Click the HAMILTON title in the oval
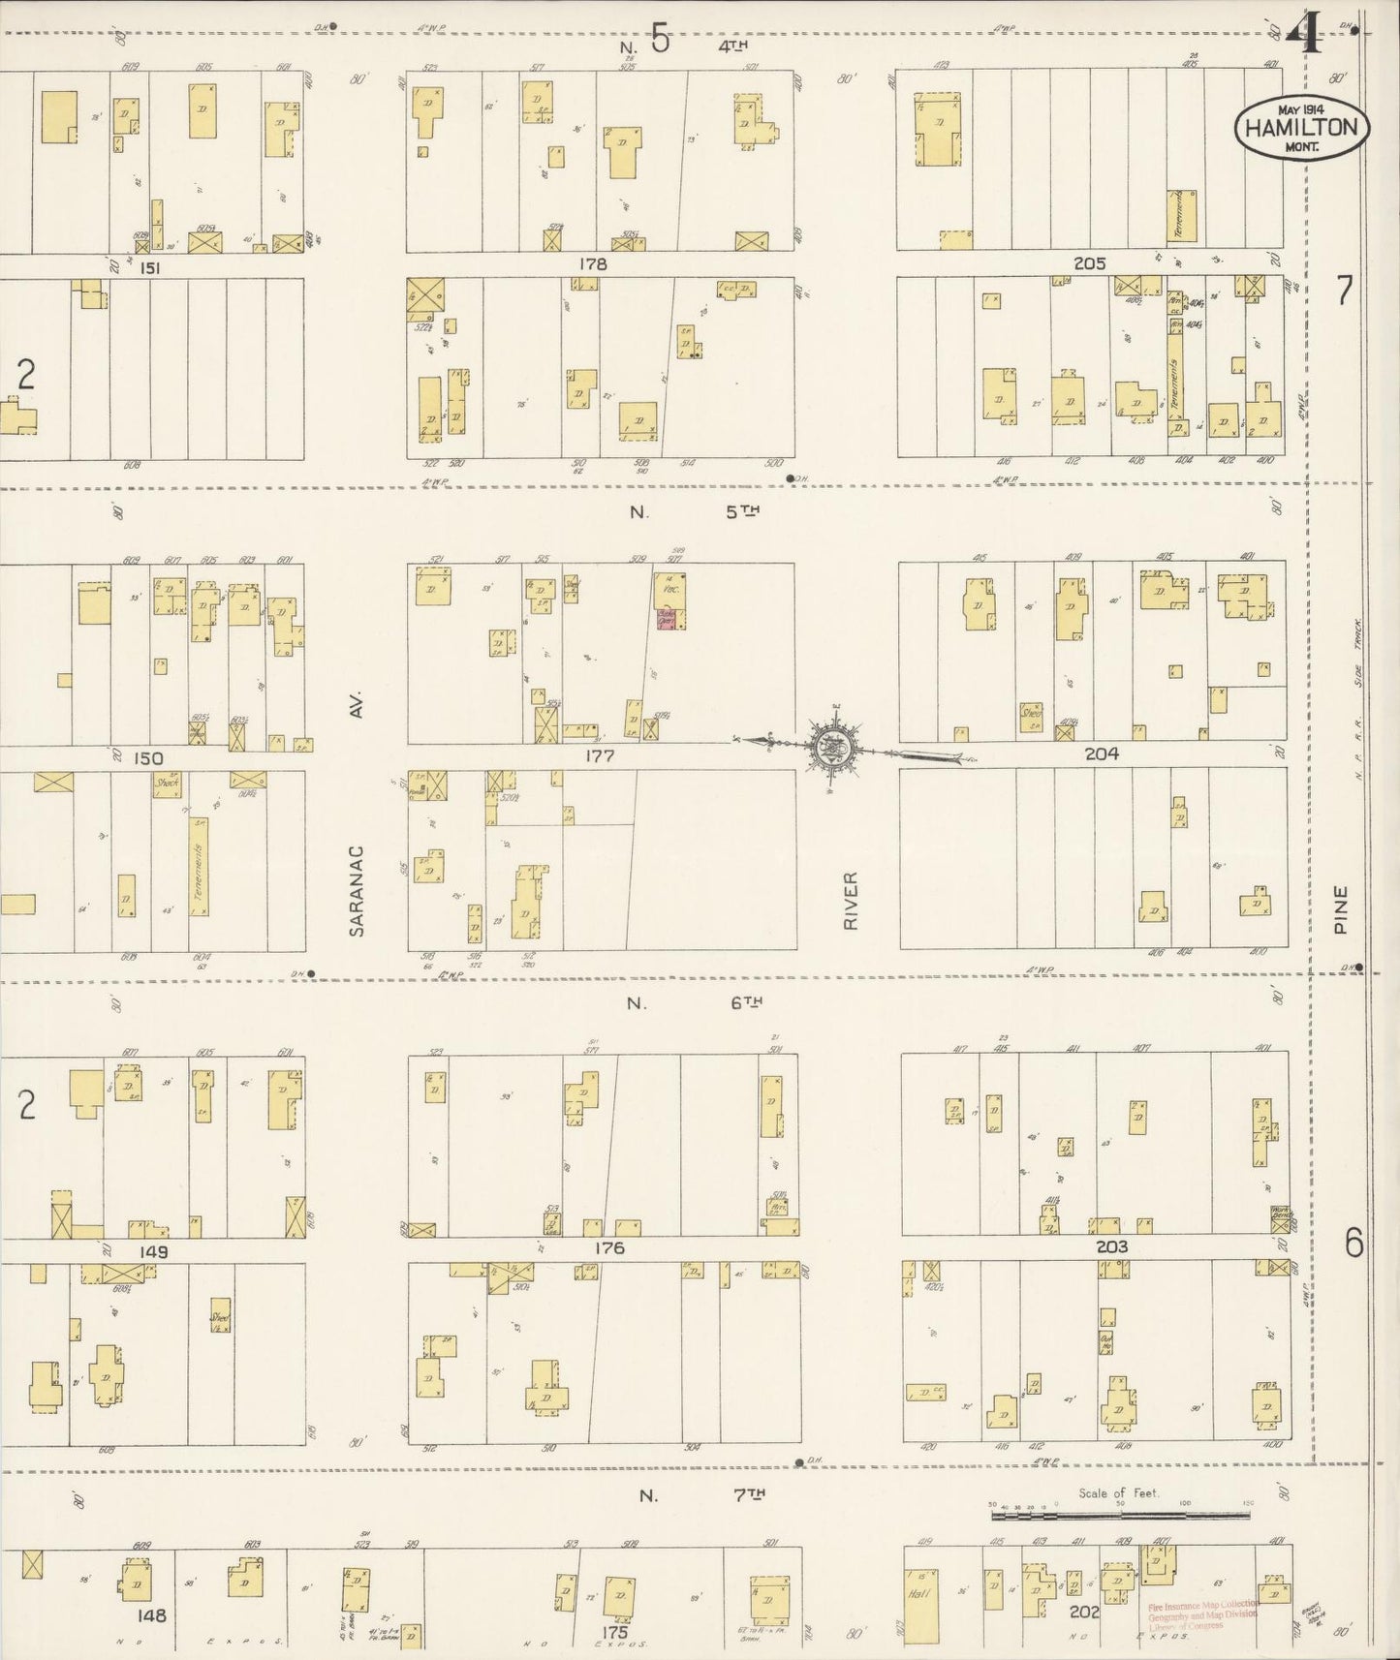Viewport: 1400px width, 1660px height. coord(1302,127)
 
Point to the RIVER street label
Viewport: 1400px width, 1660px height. coord(851,901)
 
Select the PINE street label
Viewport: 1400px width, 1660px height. coord(1341,909)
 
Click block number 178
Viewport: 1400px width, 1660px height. coord(592,263)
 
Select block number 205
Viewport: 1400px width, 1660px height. coord(1089,263)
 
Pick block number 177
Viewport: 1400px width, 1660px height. coord(599,755)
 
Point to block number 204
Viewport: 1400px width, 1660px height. coord(1102,753)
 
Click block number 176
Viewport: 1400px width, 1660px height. coord(607,1247)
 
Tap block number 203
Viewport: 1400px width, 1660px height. coord(1111,1246)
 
